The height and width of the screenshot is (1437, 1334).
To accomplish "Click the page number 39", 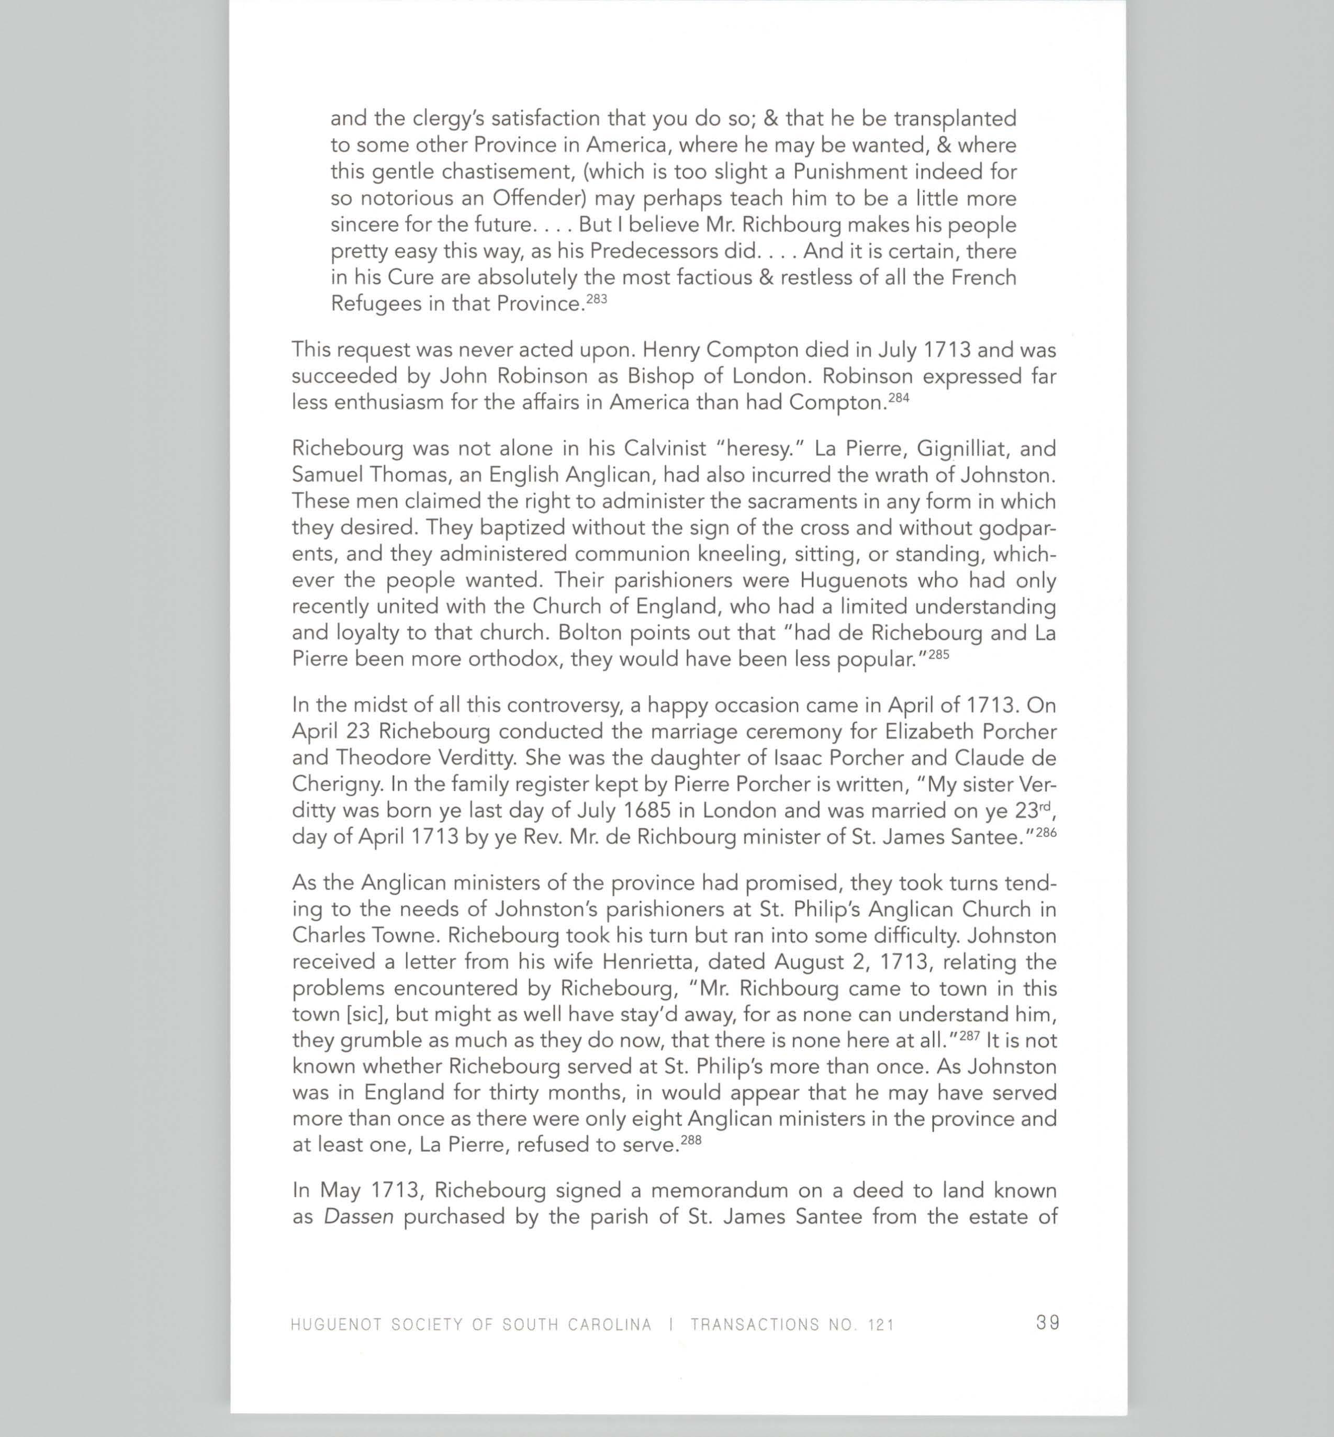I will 1047,1322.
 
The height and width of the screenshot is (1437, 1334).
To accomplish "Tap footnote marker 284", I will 898,397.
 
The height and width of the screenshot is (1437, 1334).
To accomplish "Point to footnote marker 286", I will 1046,832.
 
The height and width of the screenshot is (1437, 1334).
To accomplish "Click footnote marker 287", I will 969,1036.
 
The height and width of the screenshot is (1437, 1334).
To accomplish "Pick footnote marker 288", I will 691,1140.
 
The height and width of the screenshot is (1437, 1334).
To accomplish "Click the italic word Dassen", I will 359,1217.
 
